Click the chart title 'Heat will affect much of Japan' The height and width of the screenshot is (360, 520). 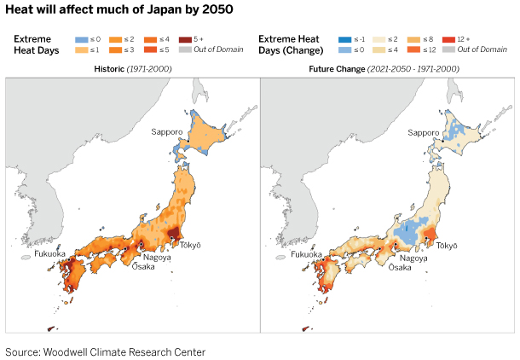coord(118,9)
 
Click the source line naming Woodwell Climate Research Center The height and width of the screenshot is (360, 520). coord(106,351)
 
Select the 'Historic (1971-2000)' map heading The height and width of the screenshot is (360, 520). coord(133,68)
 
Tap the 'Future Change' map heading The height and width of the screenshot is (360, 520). coord(387,68)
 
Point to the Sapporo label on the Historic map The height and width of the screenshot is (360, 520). coord(168,131)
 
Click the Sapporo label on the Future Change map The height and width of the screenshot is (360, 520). coord(423,132)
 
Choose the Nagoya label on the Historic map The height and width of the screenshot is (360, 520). coord(157,257)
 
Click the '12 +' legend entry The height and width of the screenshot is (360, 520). coord(453,38)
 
